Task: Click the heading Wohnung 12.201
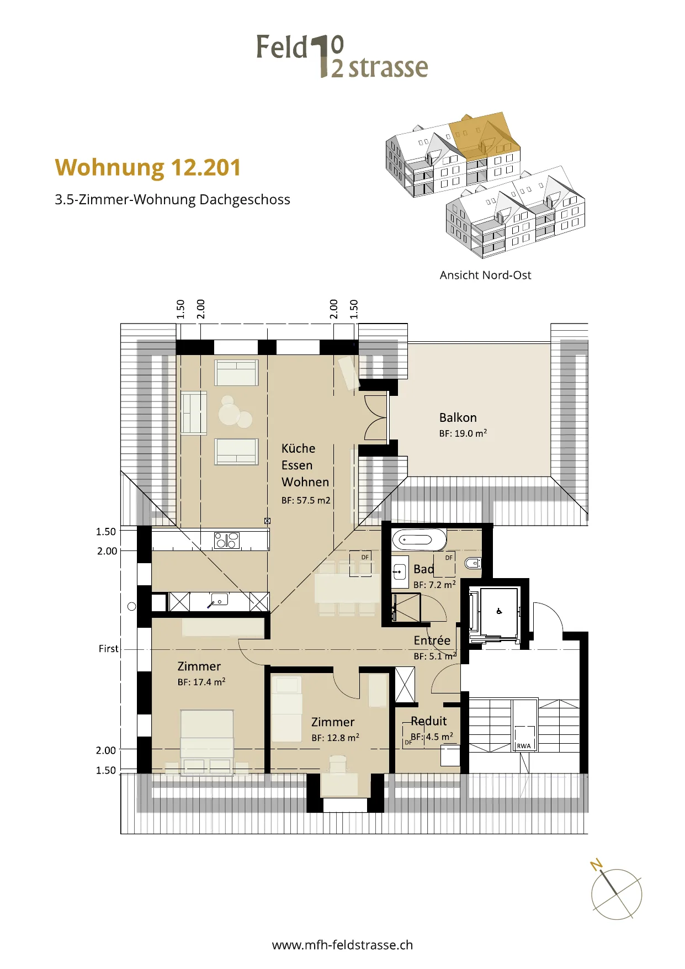tap(148, 167)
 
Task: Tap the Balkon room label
tap(458, 417)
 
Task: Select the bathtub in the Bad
tap(419, 539)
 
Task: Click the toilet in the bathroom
tap(473, 563)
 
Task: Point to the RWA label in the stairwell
tap(523, 746)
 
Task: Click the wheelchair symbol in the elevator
tap(499, 611)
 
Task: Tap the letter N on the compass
tap(596, 864)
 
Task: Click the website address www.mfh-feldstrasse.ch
tap(342, 945)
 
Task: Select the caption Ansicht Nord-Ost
tap(485, 275)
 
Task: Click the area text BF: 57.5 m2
tap(306, 500)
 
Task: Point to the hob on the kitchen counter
tap(226, 540)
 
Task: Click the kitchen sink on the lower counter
tap(219, 599)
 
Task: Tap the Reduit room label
tap(429, 721)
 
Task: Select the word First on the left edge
tap(108, 649)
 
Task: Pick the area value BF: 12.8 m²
tap(335, 738)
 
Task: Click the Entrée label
tap(432, 640)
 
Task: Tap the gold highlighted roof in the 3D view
tap(484, 136)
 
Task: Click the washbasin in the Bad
tap(400, 571)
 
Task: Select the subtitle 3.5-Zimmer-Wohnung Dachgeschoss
tap(172, 200)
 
